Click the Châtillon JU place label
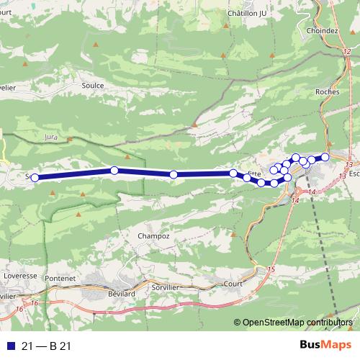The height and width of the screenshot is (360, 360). pos(247,14)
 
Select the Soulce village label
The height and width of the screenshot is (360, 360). pos(93,85)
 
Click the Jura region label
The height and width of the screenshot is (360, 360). pos(50,135)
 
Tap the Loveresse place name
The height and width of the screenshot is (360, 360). pos(19,275)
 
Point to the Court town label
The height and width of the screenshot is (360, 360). pos(233,284)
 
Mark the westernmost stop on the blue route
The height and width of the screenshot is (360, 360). pos(34,177)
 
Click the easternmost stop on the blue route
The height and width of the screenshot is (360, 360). pos(325,157)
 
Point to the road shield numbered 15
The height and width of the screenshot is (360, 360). pos(271,269)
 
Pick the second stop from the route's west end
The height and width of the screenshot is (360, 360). pos(114,171)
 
